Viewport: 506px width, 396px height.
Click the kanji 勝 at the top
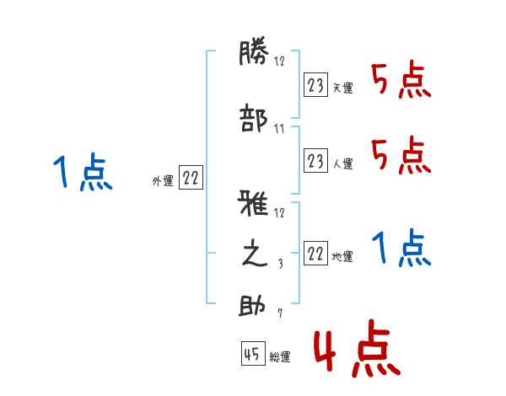click(x=254, y=56)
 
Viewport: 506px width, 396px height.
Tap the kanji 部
click(x=254, y=119)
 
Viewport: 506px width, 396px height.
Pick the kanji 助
click(x=254, y=306)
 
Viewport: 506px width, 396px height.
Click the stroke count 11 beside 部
click(x=278, y=130)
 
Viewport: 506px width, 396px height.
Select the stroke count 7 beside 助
click(x=279, y=315)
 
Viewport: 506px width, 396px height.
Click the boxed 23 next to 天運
click(x=315, y=85)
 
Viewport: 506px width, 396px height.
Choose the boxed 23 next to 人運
click(x=315, y=160)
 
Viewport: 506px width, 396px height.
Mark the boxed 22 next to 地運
click(x=315, y=254)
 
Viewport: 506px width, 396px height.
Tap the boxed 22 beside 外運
click(x=191, y=177)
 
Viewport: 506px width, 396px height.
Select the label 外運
click(x=162, y=180)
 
